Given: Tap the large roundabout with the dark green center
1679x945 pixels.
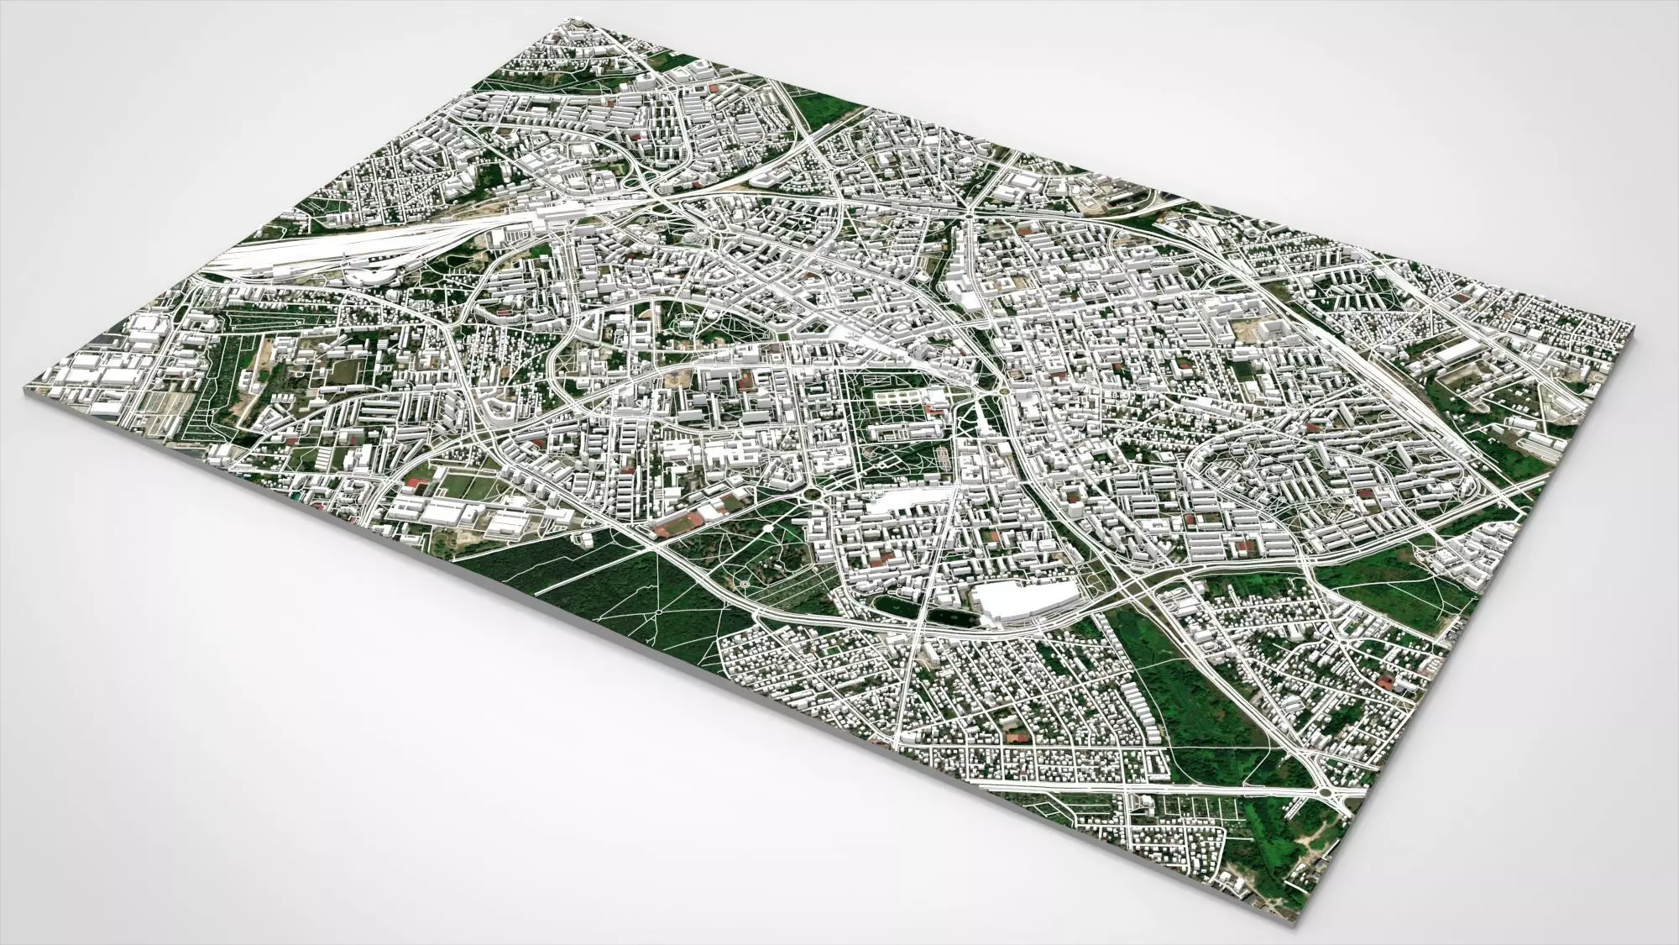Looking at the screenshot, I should click(813, 495).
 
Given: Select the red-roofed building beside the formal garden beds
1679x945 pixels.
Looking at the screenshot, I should click(932, 412).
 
